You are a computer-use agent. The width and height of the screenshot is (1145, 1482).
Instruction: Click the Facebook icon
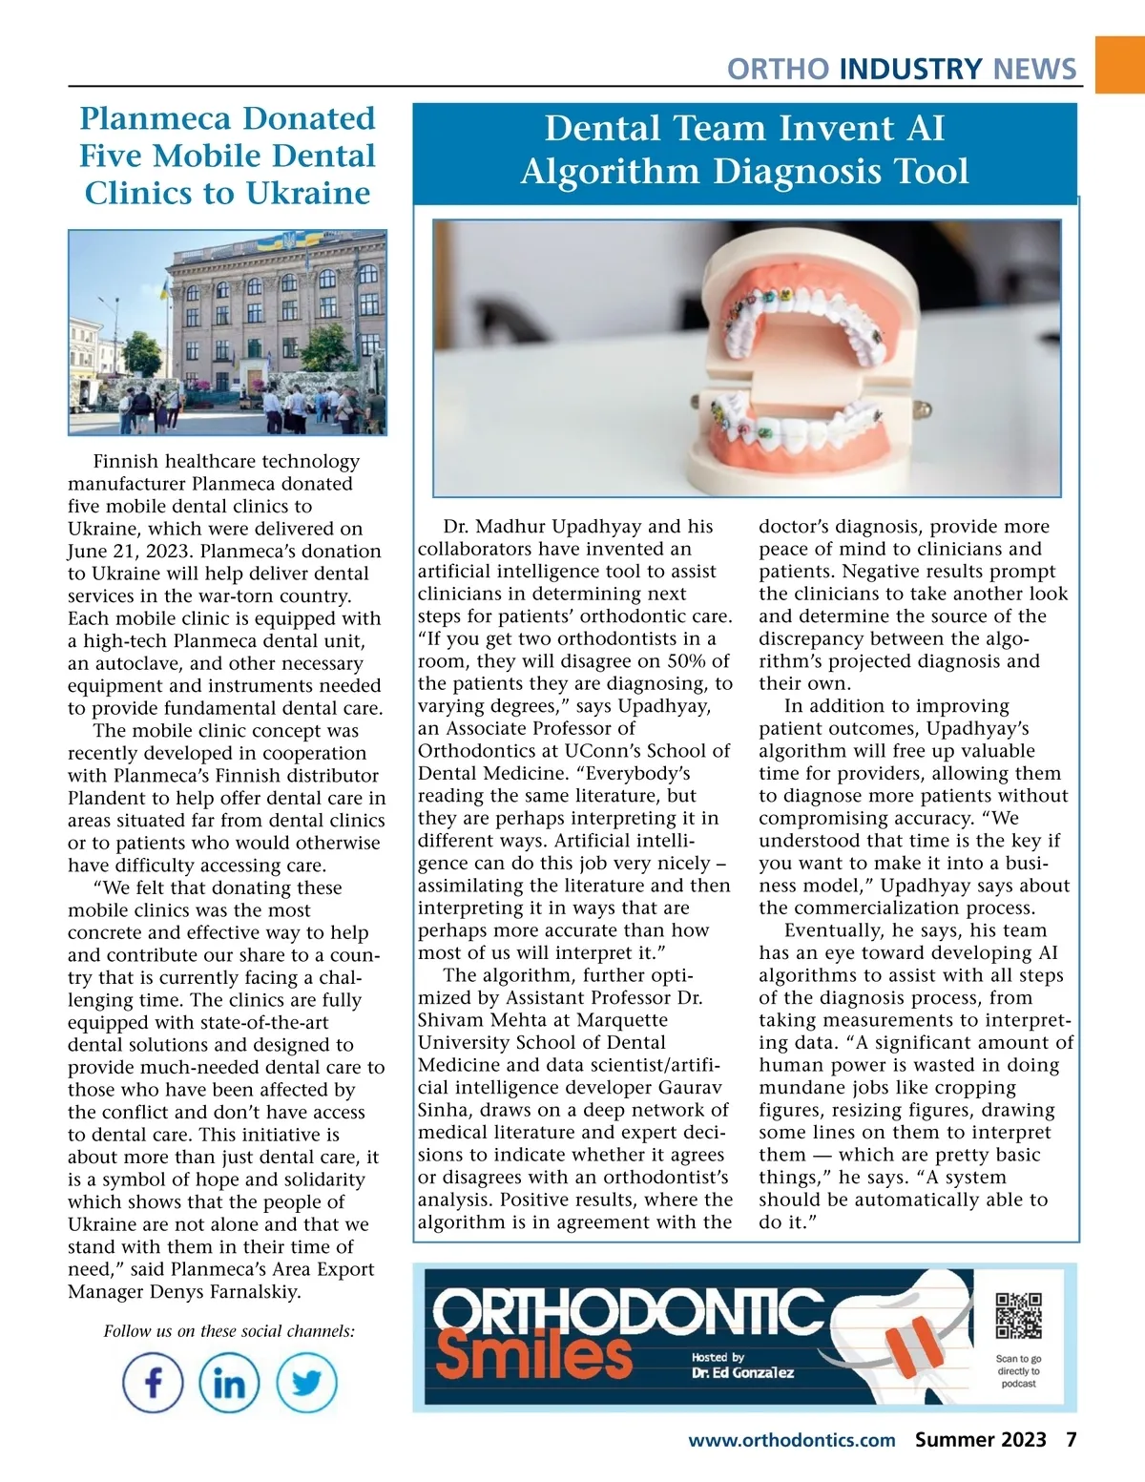[x=153, y=1383]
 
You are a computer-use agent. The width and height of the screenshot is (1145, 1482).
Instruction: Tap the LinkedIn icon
[x=229, y=1383]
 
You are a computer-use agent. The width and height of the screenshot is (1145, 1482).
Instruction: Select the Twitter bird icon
[x=306, y=1383]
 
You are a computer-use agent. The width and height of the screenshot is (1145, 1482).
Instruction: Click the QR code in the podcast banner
[x=1018, y=1317]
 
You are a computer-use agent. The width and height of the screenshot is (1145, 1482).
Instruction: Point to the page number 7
[x=1072, y=1440]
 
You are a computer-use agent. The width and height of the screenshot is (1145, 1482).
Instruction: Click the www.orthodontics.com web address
[x=791, y=1440]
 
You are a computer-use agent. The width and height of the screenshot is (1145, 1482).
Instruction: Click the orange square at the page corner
[x=1120, y=64]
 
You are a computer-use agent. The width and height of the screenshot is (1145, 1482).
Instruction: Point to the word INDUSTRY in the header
[x=910, y=69]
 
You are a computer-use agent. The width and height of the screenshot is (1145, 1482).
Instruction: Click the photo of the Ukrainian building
[x=227, y=332]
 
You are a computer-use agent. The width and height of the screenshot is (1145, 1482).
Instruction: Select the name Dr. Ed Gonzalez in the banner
[x=742, y=1372]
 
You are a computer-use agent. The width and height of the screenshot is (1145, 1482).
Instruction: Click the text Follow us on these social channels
[x=229, y=1331]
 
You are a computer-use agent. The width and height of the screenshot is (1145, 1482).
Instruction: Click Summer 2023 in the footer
[x=980, y=1440]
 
